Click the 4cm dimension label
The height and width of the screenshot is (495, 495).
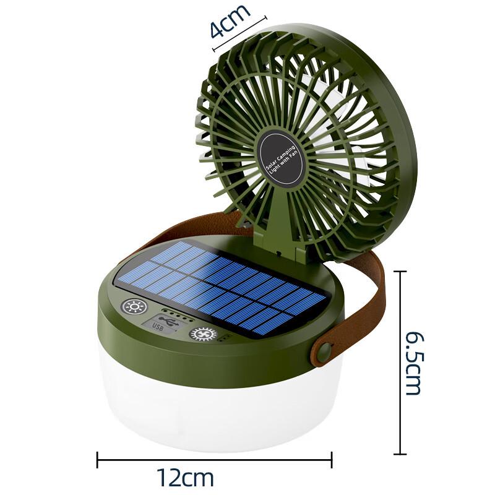click(x=230, y=20)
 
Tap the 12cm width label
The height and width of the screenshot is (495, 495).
click(x=184, y=478)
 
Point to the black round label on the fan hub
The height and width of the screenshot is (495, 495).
click(x=282, y=158)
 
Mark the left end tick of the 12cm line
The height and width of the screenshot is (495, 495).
click(x=97, y=459)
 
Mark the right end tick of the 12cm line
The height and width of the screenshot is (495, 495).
click(x=332, y=459)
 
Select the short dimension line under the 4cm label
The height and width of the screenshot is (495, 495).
click(x=239, y=34)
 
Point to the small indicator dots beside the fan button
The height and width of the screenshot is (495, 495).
click(x=225, y=338)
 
